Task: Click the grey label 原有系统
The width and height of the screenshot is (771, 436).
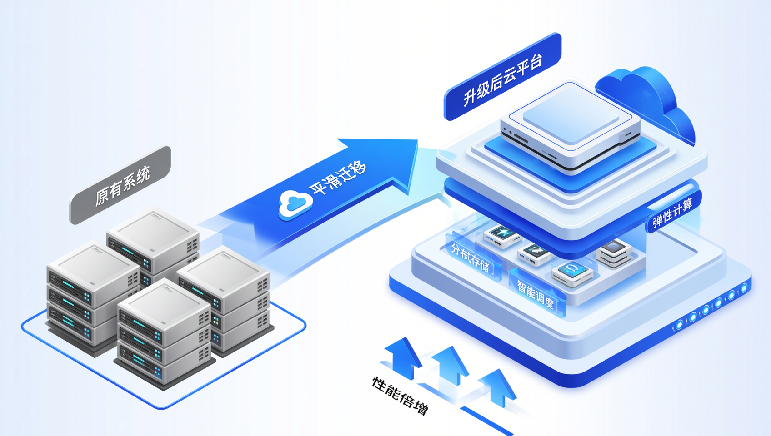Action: point(120,185)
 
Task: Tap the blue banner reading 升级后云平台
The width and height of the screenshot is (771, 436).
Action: point(503,77)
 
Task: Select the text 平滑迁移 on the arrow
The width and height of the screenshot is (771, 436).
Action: point(337,178)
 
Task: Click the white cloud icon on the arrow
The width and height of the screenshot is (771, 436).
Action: point(295,204)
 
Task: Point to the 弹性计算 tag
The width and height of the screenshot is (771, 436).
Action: point(672,213)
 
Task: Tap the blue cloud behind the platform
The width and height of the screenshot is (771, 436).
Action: point(647,100)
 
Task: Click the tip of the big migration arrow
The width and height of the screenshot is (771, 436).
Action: point(417,140)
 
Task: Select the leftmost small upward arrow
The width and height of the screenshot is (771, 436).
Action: point(403,357)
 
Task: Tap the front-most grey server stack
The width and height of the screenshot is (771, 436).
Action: point(164,333)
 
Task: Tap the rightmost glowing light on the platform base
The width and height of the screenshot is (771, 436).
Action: point(744,287)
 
